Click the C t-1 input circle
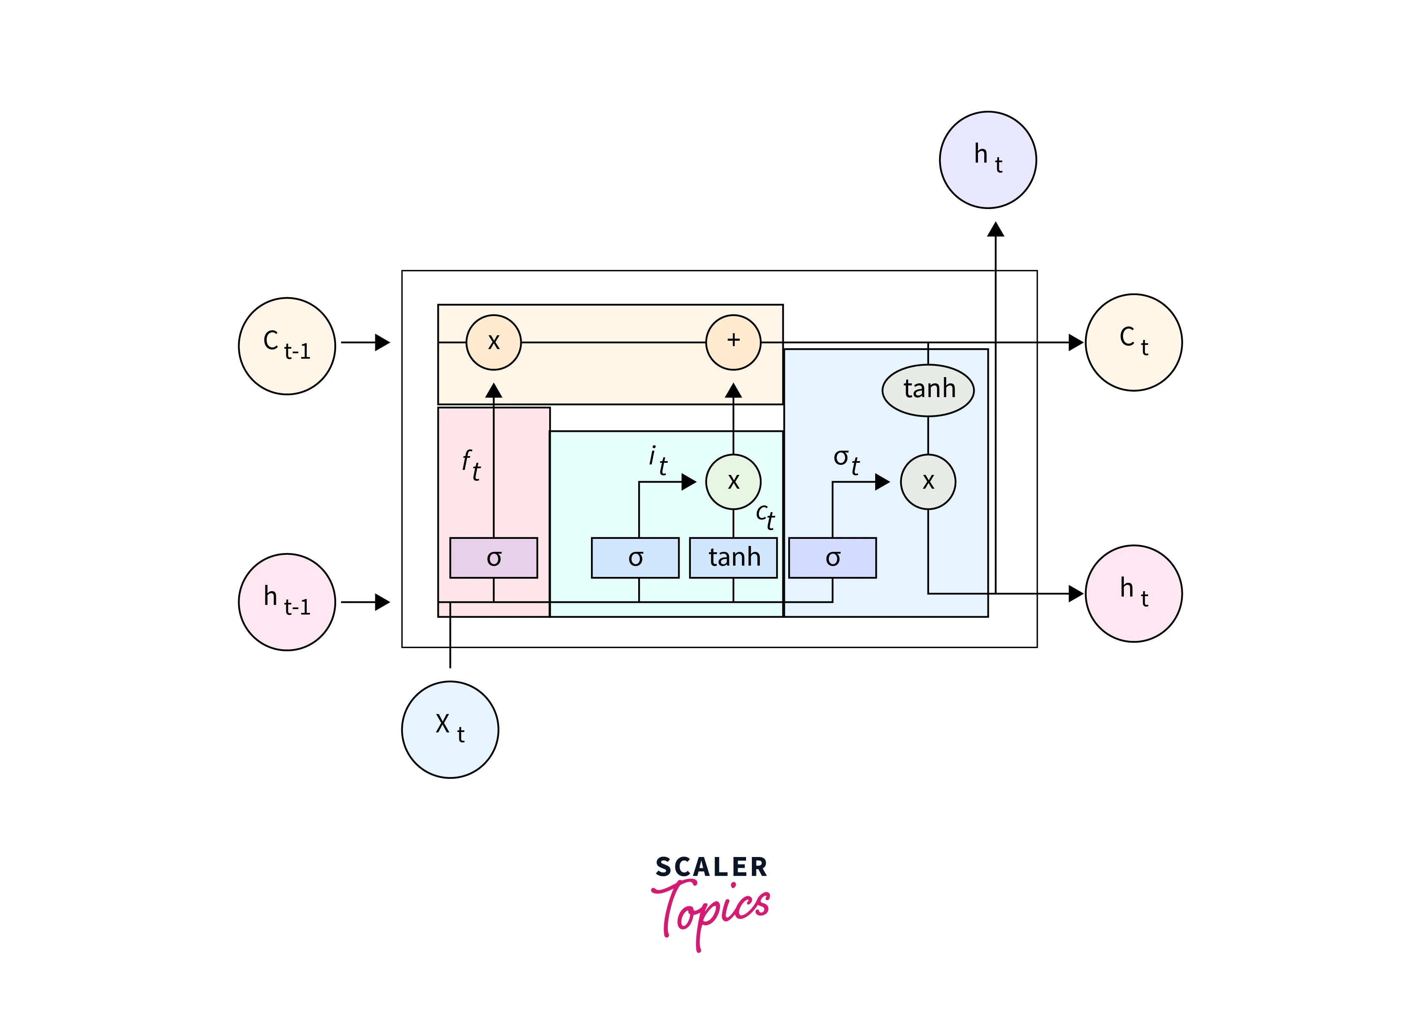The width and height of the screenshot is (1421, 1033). [x=287, y=346]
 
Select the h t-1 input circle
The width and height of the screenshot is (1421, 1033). [x=287, y=602]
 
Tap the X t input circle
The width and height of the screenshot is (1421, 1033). [x=450, y=729]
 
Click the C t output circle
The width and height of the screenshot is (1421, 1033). [x=1133, y=342]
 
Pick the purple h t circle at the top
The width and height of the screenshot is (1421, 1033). [x=988, y=160]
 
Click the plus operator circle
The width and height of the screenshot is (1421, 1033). [x=733, y=342]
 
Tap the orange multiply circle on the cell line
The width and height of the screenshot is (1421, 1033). [x=494, y=342]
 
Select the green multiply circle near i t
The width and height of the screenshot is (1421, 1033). [x=733, y=482]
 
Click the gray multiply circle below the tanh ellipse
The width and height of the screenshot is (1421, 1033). [x=928, y=482]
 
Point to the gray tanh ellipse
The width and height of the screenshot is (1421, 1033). [x=928, y=390]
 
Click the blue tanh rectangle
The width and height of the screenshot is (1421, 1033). [x=733, y=557]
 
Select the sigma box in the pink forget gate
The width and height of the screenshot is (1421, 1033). [x=494, y=557]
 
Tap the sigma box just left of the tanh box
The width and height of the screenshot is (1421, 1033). [x=635, y=557]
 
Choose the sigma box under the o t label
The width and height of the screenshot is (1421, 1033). [x=832, y=557]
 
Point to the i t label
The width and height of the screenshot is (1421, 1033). [x=658, y=460]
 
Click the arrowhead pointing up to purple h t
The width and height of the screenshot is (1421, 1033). [x=996, y=230]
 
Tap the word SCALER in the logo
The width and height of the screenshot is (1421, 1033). [x=711, y=867]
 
